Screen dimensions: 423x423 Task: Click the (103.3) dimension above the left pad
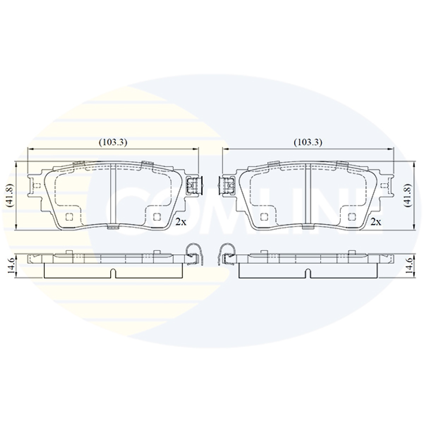[x=113, y=142]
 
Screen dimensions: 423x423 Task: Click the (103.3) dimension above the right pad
[x=308, y=142]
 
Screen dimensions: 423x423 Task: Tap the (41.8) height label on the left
[x=10, y=195]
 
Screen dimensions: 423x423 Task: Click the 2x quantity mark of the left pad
[x=181, y=222]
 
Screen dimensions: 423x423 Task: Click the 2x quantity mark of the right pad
[x=376, y=222]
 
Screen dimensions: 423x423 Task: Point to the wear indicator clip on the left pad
[x=194, y=185]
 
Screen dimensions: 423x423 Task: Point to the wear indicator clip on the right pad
[x=227, y=185]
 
